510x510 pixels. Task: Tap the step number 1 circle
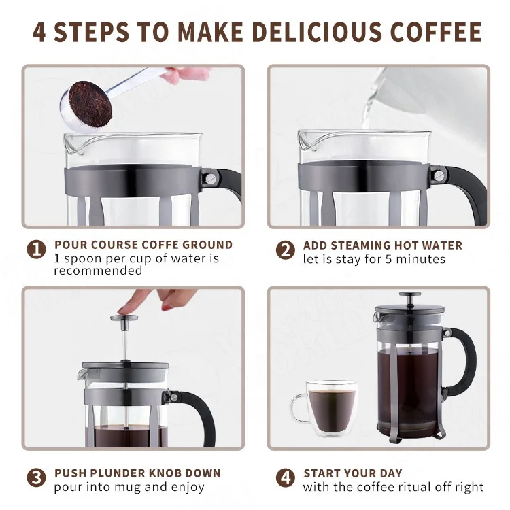[36, 250]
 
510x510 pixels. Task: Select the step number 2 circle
[285, 250]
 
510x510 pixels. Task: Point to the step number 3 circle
[36, 478]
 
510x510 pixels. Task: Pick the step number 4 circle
[285, 478]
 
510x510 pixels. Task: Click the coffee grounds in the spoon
[90, 104]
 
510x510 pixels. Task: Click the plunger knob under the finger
[124, 318]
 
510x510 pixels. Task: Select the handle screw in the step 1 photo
[210, 178]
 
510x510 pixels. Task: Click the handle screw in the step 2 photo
[439, 175]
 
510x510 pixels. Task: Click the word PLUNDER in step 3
[117, 473]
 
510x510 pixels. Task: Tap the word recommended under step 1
[98, 271]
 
